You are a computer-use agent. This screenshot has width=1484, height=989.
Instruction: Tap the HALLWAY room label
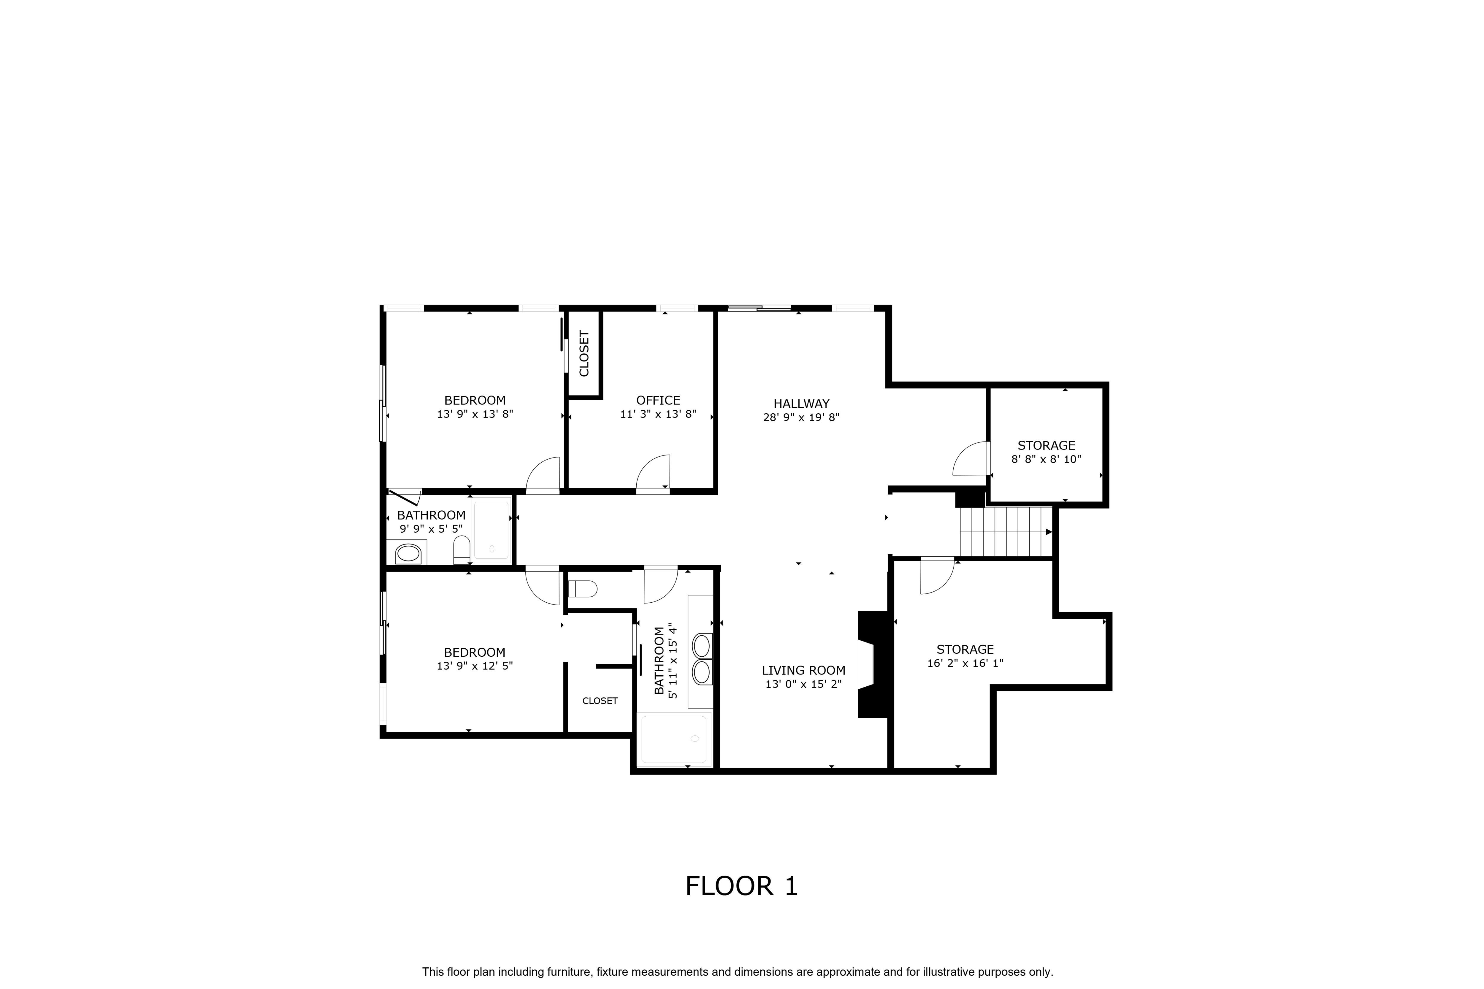point(801,404)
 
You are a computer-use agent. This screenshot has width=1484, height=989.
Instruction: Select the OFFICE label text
point(658,401)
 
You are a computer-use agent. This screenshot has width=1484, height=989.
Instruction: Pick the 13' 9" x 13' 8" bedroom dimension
point(475,415)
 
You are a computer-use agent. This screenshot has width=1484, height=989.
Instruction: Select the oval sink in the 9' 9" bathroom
point(408,554)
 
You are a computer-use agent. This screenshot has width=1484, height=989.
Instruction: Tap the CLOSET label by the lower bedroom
point(600,701)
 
